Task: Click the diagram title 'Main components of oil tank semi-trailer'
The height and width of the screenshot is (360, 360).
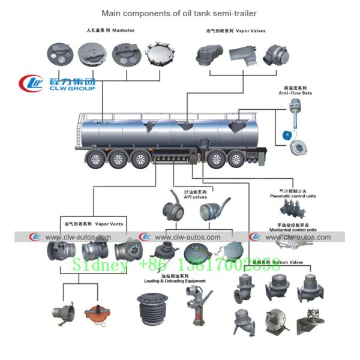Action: pyautogui.click(x=179, y=13)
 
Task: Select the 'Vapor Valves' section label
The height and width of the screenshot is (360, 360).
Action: pyautogui.click(x=236, y=31)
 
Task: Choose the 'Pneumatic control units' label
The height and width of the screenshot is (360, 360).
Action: pyautogui.click(x=293, y=196)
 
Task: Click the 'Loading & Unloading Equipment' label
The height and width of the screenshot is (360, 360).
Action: pyautogui.click(x=175, y=281)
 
